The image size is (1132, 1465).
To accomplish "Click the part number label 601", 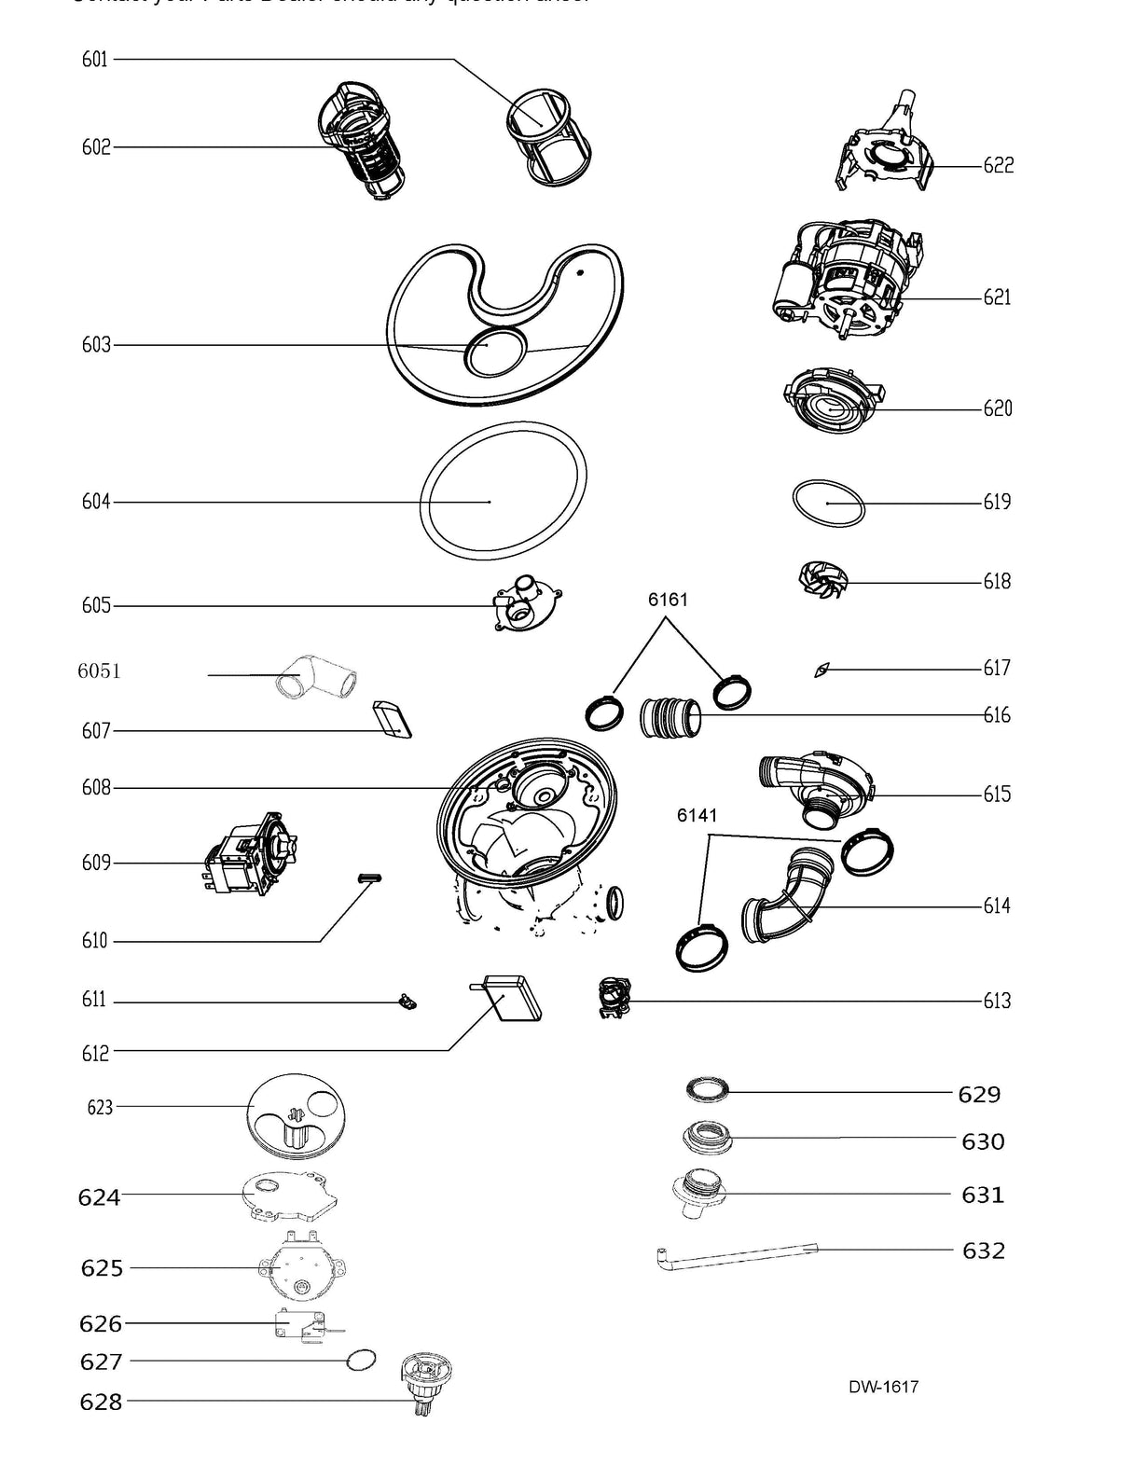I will coord(94,60).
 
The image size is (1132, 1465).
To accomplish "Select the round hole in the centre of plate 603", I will coord(490,354).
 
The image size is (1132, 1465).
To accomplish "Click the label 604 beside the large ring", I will coord(95,502).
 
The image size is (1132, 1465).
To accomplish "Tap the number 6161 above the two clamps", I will coord(668,600).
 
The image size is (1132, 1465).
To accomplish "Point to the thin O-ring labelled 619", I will coord(828,504).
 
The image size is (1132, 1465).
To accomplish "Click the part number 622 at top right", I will coord(998,166).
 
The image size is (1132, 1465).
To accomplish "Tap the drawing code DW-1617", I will coord(883,1387).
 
